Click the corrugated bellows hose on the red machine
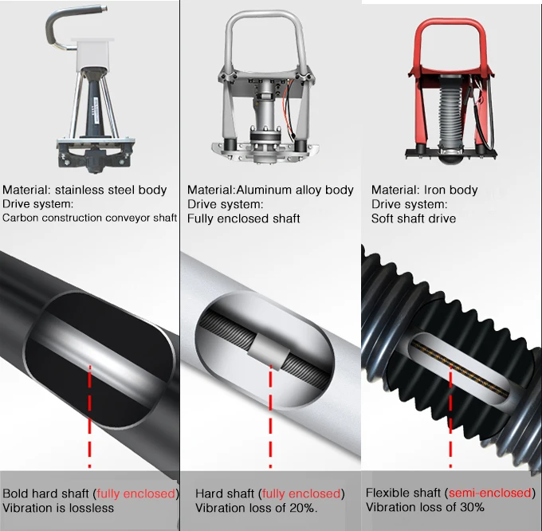click(x=450, y=111)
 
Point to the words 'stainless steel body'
click(x=111, y=190)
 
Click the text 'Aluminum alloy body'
click(x=295, y=190)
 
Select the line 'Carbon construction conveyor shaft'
click(x=89, y=218)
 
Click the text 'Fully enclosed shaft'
click(x=243, y=218)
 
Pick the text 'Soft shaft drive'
click(x=414, y=218)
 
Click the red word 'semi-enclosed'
click(x=490, y=492)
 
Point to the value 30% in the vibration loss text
click(x=472, y=507)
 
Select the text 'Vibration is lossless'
click(x=58, y=508)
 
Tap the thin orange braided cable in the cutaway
click(x=460, y=368)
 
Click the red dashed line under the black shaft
click(x=90, y=416)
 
